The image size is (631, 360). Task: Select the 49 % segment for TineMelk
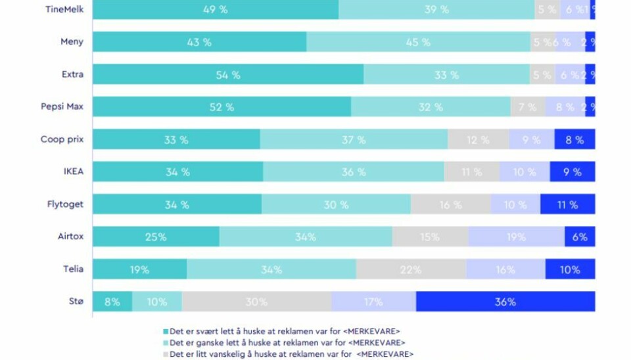click(216, 9)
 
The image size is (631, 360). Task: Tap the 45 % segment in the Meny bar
click(418, 42)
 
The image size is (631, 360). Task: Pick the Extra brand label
click(73, 74)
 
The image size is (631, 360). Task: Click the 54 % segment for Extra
click(227, 75)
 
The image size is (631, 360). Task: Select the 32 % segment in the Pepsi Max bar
click(431, 107)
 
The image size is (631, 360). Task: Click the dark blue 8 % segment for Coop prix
click(574, 139)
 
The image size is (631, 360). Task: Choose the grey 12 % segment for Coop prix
click(478, 139)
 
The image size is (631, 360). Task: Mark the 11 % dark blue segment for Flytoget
click(567, 204)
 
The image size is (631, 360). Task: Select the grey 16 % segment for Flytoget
click(450, 204)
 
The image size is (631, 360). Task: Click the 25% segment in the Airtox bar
click(156, 236)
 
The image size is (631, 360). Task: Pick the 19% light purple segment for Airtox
click(516, 236)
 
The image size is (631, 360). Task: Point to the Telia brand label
click(73, 269)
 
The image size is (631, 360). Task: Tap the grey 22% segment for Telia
click(411, 269)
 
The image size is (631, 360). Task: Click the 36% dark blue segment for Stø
click(505, 302)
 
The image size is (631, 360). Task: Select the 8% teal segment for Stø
click(112, 302)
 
